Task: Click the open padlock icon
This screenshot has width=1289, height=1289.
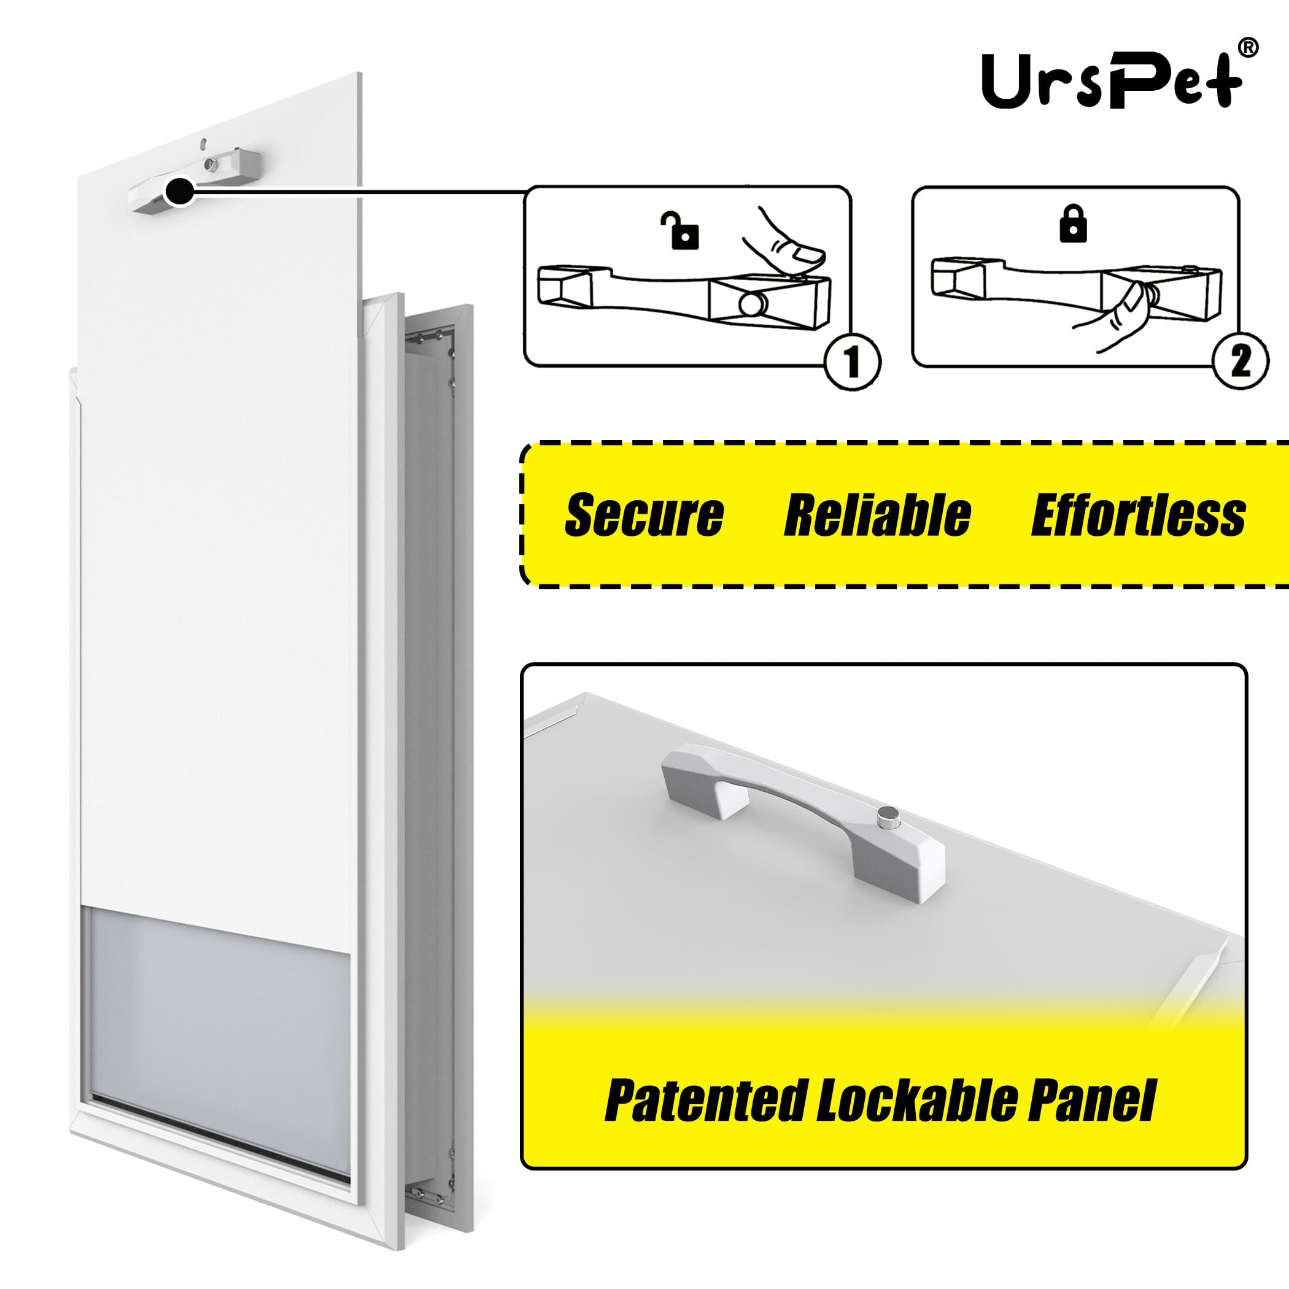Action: pos(681,230)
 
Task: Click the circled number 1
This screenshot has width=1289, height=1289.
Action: pos(853,362)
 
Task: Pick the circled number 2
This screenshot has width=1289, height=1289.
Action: pos(1241,361)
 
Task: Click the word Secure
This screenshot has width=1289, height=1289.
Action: pos(644,515)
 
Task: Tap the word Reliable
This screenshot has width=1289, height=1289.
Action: pos(877,515)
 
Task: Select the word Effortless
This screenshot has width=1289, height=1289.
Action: pos(1138,515)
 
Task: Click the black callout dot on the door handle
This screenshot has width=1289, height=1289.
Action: pos(179,193)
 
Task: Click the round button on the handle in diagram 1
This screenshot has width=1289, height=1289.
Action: pos(753,304)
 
